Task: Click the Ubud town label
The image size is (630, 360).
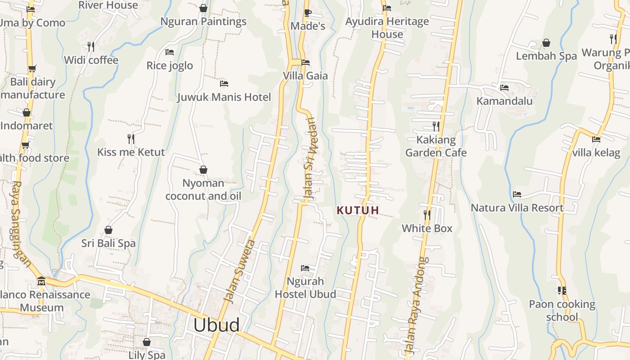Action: pos(216,325)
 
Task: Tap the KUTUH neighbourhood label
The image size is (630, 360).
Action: pos(358,210)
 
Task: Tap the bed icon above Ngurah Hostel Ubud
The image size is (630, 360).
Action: pos(305,268)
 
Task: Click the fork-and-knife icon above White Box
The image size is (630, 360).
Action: pos(427,215)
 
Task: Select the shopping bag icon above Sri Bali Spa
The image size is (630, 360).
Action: pos(108,230)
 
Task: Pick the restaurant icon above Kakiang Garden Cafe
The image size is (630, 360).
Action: pos(436,126)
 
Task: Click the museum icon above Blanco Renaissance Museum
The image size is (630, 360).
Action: pos(41,281)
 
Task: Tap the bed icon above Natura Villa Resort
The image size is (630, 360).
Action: pos(517,194)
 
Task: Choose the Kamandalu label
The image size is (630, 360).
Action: pos(504,101)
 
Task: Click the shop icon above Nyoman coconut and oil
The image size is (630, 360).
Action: pos(203,170)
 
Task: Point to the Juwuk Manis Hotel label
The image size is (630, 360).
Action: pos(224,97)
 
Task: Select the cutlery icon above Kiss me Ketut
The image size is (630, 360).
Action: pos(131,139)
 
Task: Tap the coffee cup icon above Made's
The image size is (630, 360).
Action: pos(307,13)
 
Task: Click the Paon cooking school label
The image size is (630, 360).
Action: pos(562,310)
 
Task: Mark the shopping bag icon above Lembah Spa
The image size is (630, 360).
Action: pos(546,43)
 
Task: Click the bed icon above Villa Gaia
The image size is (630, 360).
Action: pos(306,63)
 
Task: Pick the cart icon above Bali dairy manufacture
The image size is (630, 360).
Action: pos(32,69)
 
